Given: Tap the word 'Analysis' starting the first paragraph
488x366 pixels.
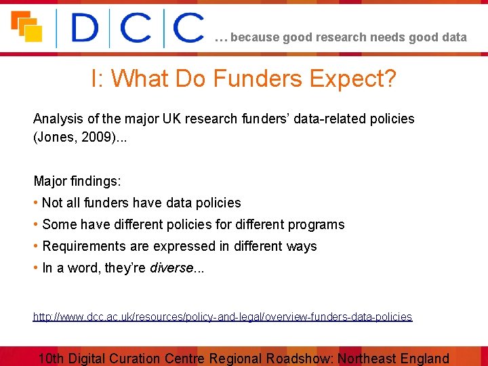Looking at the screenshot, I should point(56,119).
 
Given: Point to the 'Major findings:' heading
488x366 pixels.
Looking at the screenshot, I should point(77,181).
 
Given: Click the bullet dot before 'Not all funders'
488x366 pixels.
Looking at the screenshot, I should point(36,203).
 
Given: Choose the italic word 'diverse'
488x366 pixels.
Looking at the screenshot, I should point(171,268).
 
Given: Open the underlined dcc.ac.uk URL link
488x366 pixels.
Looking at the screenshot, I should point(222,317).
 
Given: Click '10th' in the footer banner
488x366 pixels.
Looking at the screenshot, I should point(52,359).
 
